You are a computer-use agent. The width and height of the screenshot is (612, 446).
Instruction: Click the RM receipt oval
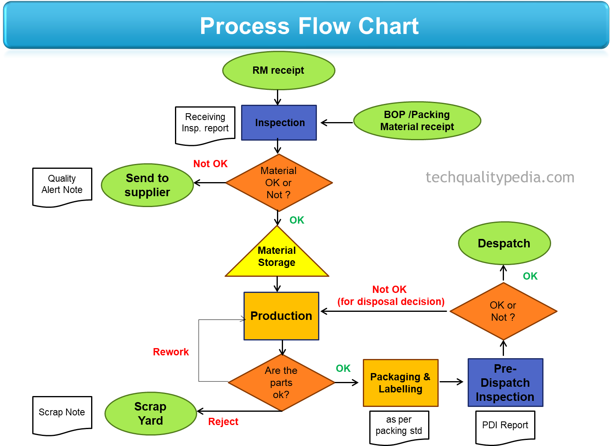tap(279, 71)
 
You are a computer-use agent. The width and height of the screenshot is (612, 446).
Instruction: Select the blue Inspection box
tap(279, 123)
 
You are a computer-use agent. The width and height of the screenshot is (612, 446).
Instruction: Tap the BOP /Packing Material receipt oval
tap(417, 121)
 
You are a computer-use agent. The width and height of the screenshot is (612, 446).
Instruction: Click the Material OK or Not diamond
tap(279, 183)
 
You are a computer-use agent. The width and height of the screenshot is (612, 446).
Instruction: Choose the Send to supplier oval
tap(148, 185)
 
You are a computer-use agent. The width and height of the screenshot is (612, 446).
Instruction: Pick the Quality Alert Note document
tap(62, 186)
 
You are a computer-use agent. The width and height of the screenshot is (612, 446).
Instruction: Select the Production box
tap(281, 316)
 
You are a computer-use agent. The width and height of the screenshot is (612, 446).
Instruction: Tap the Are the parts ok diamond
tap(281, 382)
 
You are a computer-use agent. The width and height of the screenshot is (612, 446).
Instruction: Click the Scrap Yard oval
tap(150, 413)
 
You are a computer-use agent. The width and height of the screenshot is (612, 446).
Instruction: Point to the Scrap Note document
tap(62, 414)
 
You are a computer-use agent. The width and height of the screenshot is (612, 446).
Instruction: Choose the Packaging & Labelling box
tap(400, 383)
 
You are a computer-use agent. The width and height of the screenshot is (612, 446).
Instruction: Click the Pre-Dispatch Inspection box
tap(505, 383)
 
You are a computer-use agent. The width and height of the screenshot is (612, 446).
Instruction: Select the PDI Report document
tap(505, 426)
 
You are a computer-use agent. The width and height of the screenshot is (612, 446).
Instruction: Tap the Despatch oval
tap(504, 243)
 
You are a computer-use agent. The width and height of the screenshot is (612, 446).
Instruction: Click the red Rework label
tap(171, 352)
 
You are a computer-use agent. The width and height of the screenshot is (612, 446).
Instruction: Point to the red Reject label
tap(223, 421)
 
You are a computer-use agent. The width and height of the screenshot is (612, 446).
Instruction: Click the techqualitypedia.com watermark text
tap(500, 177)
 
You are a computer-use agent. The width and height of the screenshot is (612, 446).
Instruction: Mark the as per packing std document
tap(399, 426)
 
